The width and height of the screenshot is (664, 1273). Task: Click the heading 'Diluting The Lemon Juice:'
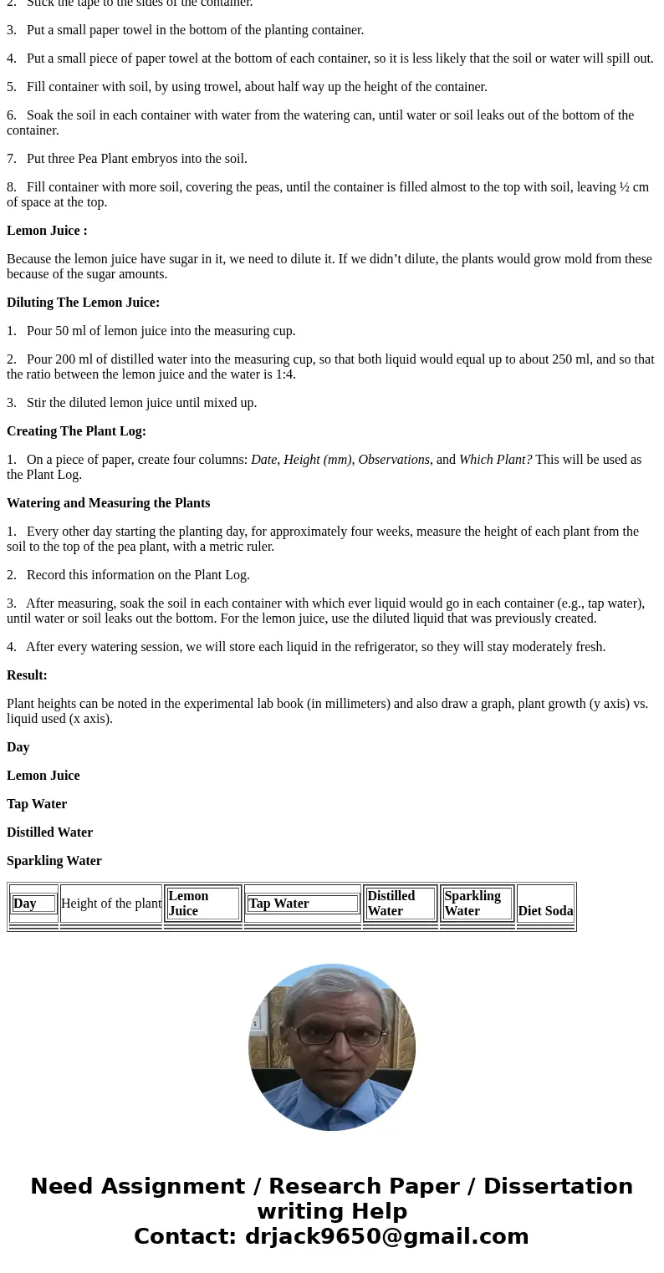coord(83,303)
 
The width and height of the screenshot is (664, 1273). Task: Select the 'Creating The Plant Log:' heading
coord(76,431)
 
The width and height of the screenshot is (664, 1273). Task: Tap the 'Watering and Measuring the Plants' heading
coord(108,503)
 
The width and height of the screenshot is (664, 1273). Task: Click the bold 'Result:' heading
coord(27,675)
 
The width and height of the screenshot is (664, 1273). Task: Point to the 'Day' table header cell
coord(25,904)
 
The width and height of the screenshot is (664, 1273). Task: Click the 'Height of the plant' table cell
coord(111,904)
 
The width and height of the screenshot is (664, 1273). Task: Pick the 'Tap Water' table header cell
coord(278,904)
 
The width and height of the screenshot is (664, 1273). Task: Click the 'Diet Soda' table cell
coord(545,911)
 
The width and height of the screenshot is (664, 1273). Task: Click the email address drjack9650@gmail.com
coord(386,1237)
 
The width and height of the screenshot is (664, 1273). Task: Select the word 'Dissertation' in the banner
coord(558,1187)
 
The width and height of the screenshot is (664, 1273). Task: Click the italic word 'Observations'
coord(394,460)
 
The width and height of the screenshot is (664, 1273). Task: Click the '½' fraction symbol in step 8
coord(624,187)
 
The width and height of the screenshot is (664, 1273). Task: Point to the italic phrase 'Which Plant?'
coord(495,460)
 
